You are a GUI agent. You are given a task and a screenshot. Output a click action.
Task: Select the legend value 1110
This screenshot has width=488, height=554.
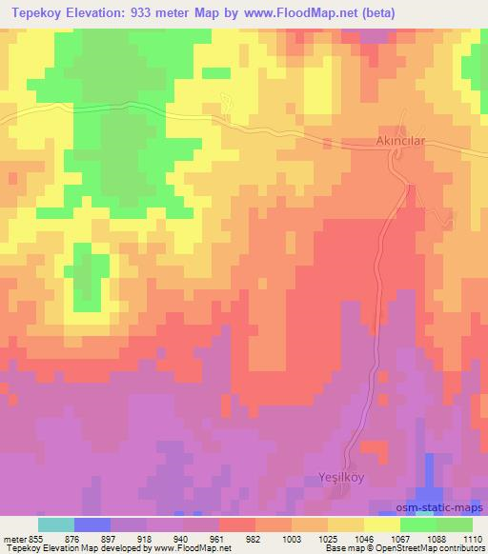coord(472,539)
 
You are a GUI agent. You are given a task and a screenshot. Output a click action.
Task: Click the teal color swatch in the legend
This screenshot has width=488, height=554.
coord(56,524)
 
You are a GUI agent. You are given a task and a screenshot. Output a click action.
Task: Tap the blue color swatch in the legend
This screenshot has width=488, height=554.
coord(92,524)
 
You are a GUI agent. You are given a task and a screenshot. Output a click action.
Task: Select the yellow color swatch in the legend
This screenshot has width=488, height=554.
coord(382,524)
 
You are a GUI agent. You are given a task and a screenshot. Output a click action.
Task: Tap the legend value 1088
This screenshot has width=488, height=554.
coord(436,539)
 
